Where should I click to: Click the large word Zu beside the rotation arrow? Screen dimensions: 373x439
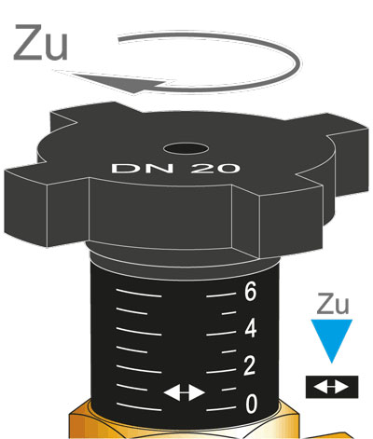tap(40, 42)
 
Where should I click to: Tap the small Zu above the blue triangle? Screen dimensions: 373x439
tap(333, 304)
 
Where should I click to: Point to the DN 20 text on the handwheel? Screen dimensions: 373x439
tap(176, 168)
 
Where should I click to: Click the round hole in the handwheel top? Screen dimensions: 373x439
tap(186, 148)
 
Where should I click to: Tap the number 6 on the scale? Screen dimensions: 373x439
tap(250, 293)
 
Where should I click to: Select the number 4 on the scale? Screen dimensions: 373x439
tap(251, 329)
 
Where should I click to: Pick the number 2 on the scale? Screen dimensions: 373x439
tap(250, 366)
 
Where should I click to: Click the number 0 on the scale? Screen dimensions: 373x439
tap(251, 404)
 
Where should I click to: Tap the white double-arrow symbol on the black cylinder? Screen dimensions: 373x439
tap(185, 393)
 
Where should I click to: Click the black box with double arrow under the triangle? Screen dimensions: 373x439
tap(332, 387)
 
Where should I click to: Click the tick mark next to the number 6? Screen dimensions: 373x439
tap(221, 295)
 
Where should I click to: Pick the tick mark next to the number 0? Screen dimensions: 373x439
tap(221, 408)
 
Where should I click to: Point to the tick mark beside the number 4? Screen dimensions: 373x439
tap(221, 334)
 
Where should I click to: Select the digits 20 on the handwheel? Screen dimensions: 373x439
tap(215, 168)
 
